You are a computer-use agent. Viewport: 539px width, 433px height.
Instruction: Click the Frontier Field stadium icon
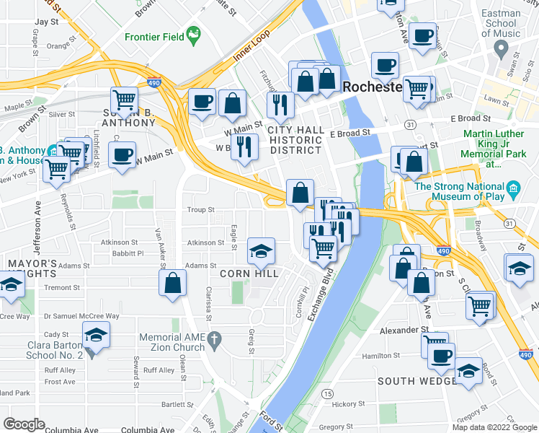(x=193, y=34)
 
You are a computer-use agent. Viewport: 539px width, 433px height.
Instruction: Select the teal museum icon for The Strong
(x=513, y=190)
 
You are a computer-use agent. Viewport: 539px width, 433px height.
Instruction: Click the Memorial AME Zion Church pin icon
(x=213, y=338)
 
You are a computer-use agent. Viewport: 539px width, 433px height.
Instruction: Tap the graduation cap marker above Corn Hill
(x=261, y=250)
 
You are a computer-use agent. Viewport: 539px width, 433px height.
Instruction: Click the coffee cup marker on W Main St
(x=121, y=153)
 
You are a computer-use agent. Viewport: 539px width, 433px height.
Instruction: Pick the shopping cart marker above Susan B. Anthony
(x=124, y=100)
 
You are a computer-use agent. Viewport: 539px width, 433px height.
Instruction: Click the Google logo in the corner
(x=23, y=424)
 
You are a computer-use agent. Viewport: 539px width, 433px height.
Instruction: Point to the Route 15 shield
(x=328, y=393)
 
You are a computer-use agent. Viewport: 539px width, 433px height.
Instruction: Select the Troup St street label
(x=201, y=210)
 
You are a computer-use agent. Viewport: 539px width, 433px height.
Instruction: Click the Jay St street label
(x=46, y=22)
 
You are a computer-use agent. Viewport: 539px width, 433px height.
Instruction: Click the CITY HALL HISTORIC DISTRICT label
(x=295, y=139)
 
